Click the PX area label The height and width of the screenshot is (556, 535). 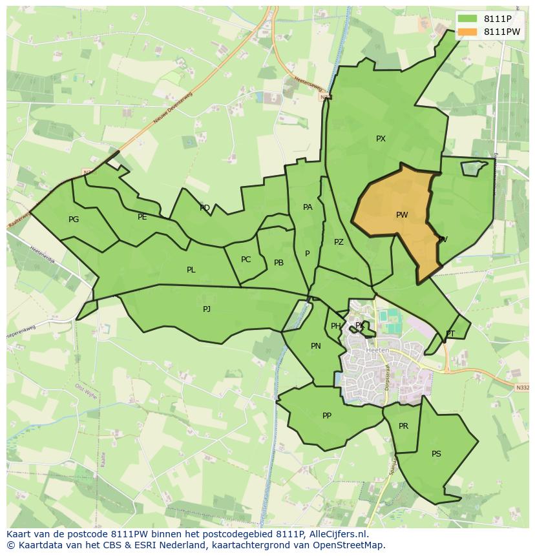(381, 139)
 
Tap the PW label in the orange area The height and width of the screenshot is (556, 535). (402, 215)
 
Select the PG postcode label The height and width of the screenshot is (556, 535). (74, 220)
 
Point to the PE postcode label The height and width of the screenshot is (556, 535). (142, 217)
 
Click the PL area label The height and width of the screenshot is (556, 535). (191, 270)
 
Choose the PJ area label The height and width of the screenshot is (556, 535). (207, 309)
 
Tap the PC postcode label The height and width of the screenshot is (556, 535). (246, 260)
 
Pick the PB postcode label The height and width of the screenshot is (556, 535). (278, 263)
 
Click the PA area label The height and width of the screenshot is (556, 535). (308, 207)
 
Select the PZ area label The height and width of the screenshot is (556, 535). (339, 242)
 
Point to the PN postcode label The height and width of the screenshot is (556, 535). (316, 346)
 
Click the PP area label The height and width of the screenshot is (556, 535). (327, 416)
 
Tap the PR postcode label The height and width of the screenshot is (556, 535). (403, 426)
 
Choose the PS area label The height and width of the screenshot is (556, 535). (436, 454)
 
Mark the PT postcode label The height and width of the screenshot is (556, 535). (450, 334)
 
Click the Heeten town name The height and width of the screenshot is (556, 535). (377, 350)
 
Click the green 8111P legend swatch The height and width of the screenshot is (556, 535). (468, 19)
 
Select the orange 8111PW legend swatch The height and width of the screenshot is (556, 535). (468, 32)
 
